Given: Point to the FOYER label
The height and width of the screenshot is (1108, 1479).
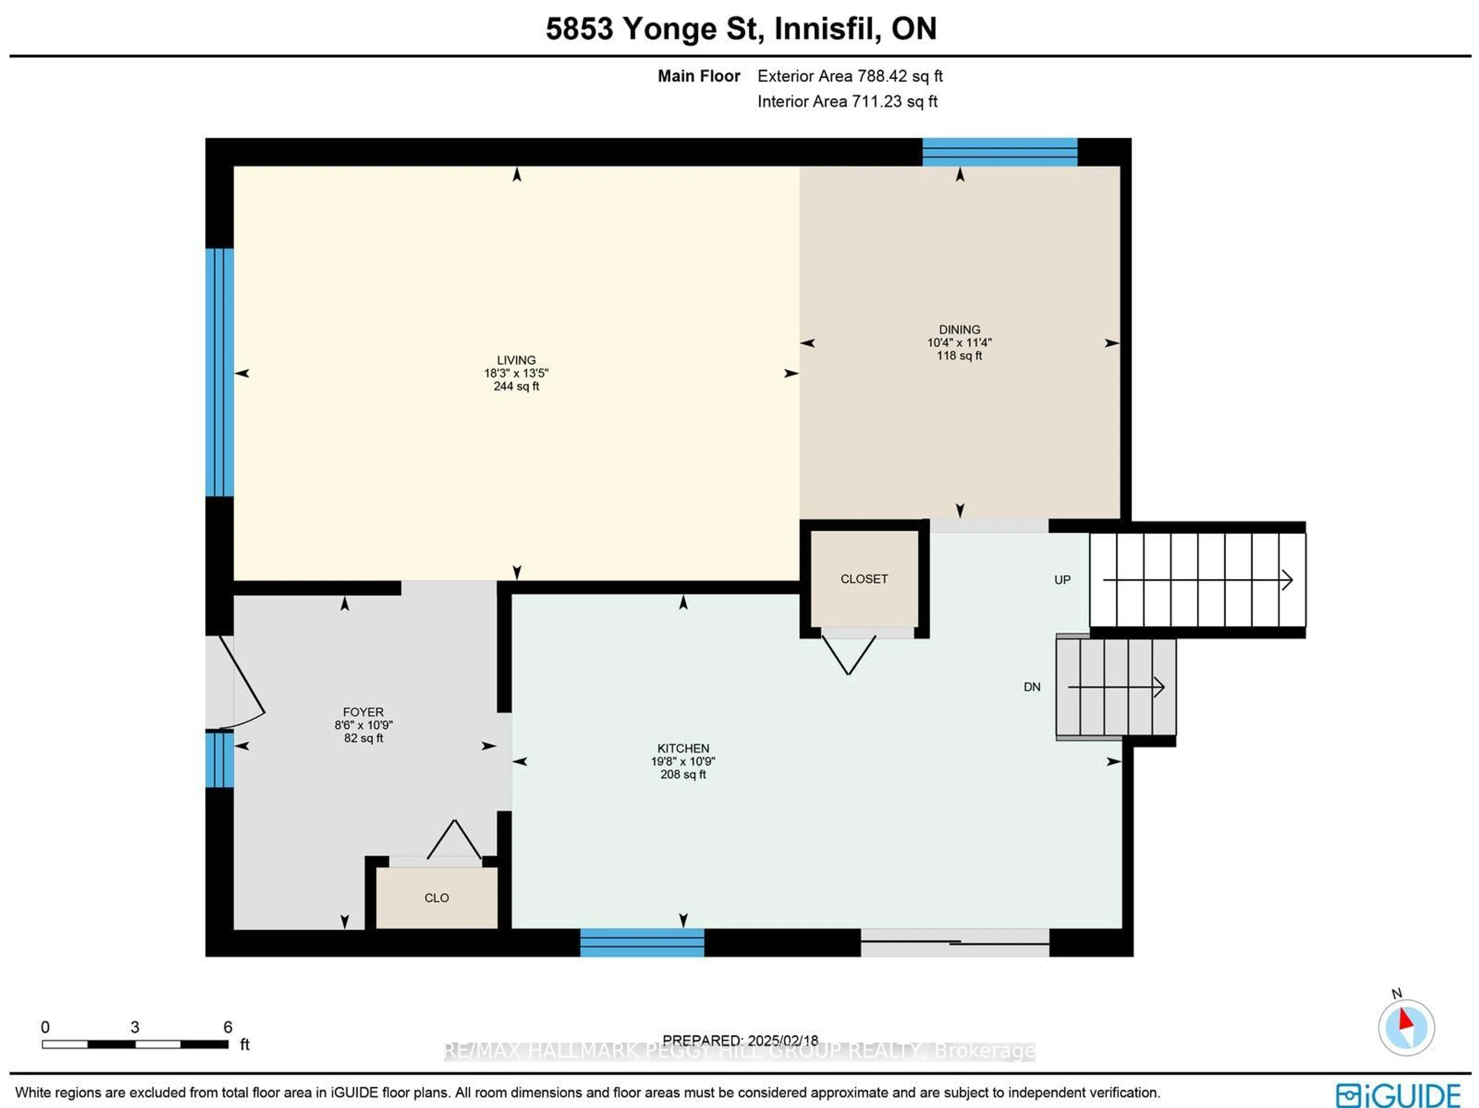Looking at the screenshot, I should [363, 712].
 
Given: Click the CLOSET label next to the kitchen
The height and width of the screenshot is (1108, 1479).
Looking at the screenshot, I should [864, 579].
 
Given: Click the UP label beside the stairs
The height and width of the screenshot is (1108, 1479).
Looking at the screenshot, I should [1062, 580].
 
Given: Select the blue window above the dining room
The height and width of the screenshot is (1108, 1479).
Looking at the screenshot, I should [999, 152].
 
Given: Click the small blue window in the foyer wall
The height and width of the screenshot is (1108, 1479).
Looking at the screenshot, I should [219, 759].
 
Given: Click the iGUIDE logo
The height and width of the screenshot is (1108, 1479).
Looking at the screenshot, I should [1397, 1095].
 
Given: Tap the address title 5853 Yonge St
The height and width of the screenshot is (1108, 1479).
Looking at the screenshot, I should [652, 29].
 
